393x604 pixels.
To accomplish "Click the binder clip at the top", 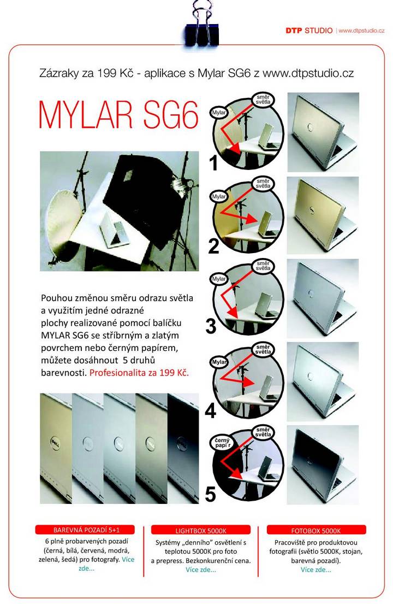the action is (x=202, y=24).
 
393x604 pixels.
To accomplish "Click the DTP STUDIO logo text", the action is (x=309, y=31).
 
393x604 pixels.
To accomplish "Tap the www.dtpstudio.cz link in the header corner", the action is (x=361, y=31).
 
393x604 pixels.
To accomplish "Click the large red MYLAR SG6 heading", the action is (x=119, y=114).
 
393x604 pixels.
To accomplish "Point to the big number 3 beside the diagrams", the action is (x=211, y=326).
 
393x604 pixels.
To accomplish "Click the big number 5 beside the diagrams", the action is (x=210, y=494).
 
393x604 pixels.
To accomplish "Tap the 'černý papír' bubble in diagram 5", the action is (x=222, y=443).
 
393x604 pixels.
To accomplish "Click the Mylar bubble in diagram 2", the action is (x=219, y=196).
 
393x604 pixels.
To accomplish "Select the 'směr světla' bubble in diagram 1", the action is (x=264, y=99).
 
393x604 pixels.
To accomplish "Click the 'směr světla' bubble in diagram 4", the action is (x=263, y=349).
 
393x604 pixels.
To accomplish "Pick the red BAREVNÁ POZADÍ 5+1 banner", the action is (x=85, y=530).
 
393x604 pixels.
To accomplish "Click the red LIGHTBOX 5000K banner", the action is (x=201, y=530).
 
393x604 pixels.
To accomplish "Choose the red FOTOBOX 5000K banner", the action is (x=316, y=530).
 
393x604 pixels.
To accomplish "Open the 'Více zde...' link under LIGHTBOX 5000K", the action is (x=201, y=570).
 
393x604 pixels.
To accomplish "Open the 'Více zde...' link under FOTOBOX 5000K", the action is (x=315, y=570).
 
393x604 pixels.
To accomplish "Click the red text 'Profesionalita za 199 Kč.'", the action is (x=139, y=373).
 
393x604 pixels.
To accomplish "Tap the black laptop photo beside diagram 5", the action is (x=323, y=465).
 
